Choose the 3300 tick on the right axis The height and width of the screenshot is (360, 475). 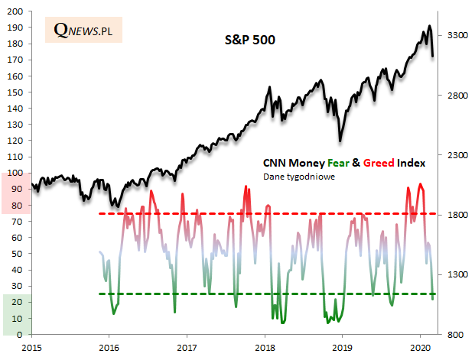457,35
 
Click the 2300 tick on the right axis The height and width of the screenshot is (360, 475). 457,155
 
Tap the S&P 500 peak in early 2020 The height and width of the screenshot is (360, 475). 429,27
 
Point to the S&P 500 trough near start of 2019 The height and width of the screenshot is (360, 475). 340,141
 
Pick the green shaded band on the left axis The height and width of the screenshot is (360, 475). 16,314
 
